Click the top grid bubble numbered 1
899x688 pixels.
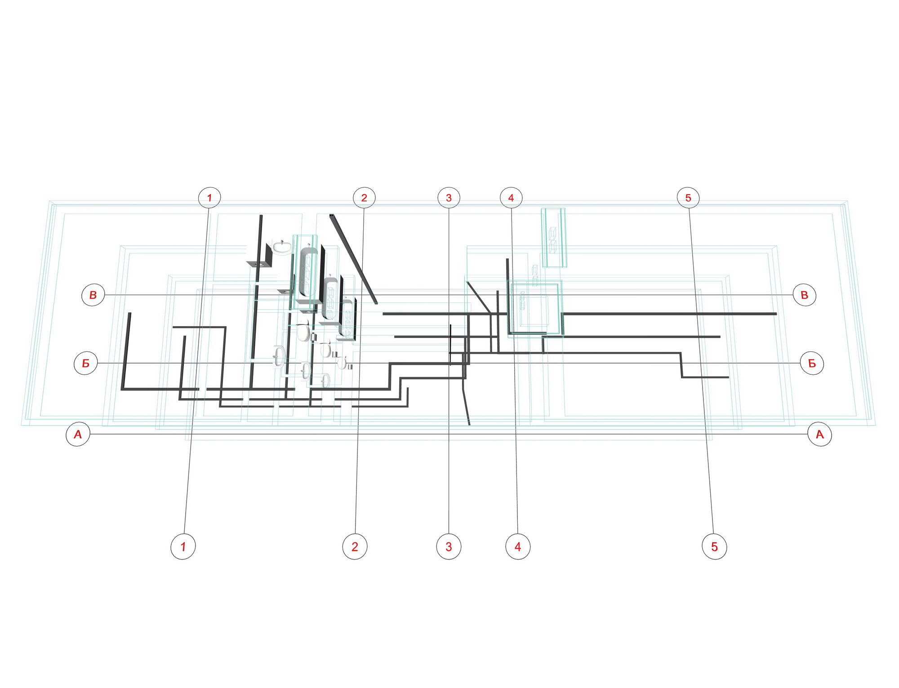[x=209, y=197]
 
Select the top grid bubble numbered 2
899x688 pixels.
[x=364, y=197]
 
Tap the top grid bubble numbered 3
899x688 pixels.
[x=449, y=197]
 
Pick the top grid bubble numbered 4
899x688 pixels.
[x=511, y=197]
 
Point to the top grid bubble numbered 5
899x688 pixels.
[x=688, y=197]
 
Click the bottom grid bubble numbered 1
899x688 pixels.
[x=183, y=546]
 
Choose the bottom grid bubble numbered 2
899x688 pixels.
[x=355, y=546]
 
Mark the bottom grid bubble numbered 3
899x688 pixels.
[x=449, y=546]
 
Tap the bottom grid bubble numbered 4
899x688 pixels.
[x=518, y=546]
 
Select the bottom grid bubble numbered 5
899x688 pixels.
[x=714, y=546]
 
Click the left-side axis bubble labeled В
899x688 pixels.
[x=93, y=295]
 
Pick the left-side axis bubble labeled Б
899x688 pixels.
[x=85, y=363]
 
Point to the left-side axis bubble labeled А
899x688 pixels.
[x=78, y=434]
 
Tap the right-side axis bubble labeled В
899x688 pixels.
[x=804, y=295]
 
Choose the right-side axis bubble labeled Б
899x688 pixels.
[x=812, y=363]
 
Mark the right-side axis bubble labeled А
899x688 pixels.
[x=819, y=434]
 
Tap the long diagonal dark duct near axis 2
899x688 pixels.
[x=353, y=259]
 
